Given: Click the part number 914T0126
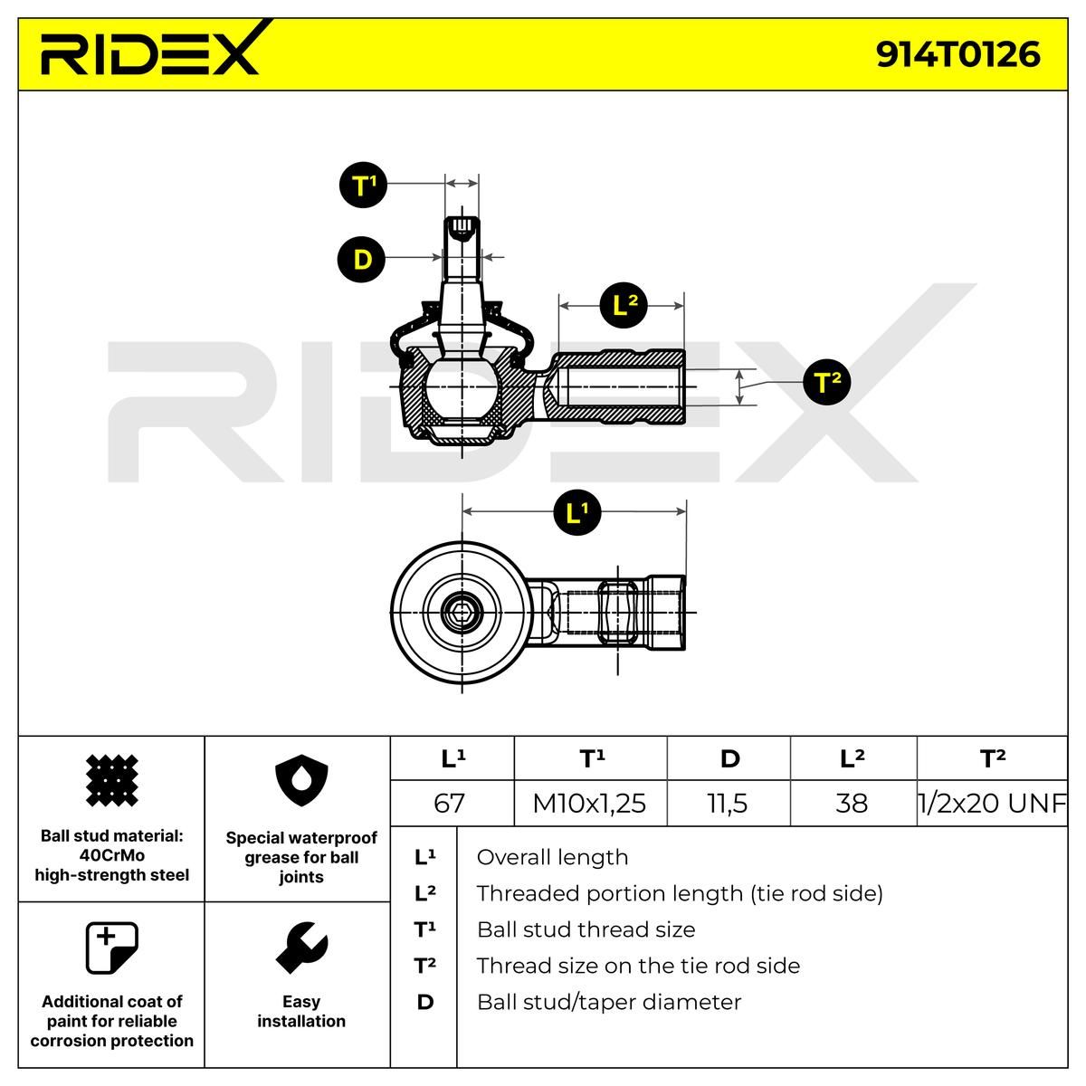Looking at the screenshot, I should (x=957, y=54).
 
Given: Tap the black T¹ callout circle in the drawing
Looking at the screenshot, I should (x=363, y=186).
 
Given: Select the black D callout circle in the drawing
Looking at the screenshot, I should (x=361, y=260).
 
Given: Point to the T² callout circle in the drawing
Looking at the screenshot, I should (x=827, y=382).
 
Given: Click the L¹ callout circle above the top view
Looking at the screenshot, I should (x=576, y=513).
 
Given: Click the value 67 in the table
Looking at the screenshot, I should (x=450, y=803).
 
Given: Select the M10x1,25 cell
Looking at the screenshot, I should (x=589, y=803).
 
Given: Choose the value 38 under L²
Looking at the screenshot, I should (x=852, y=803).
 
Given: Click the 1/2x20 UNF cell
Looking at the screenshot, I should (x=992, y=803).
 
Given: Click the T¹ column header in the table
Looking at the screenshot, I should (x=591, y=758).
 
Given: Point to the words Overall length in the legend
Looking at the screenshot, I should (x=552, y=857).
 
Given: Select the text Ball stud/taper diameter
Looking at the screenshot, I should (x=608, y=1002).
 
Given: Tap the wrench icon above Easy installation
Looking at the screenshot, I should (x=300, y=948).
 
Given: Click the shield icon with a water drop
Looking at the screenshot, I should (x=300, y=780).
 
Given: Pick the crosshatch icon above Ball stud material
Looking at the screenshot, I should (x=111, y=780).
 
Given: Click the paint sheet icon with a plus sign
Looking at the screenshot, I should (x=111, y=948).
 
